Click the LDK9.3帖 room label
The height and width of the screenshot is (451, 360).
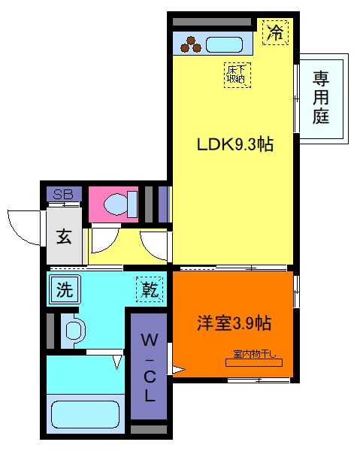click(x=234, y=145)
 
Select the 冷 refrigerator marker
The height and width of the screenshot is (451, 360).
click(x=276, y=32)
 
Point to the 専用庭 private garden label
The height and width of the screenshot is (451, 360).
click(x=322, y=97)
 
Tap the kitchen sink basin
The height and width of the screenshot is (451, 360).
click(x=224, y=44)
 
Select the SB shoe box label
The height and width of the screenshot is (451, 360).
click(x=62, y=194)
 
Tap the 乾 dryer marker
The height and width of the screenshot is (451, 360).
click(x=148, y=289)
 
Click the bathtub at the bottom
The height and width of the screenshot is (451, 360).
click(x=84, y=414)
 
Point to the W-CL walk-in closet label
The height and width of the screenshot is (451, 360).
click(x=150, y=368)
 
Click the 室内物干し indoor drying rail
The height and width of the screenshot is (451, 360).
click(x=253, y=362)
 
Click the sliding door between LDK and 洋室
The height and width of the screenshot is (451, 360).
click(x=233, y=267)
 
